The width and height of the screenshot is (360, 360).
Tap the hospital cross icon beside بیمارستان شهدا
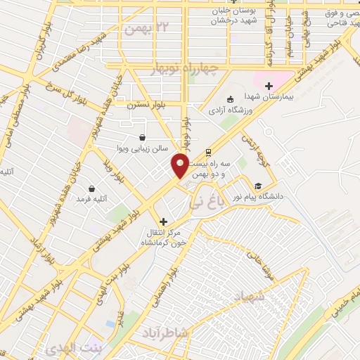[x=269, y=85]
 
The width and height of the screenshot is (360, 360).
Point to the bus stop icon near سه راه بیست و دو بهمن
[x=208, y=151]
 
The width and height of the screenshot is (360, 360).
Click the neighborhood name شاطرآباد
[x=164, y=331]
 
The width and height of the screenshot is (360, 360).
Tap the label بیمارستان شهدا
[x=266, y=96]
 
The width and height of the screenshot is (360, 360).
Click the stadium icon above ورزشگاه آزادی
[x=229, y=99]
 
